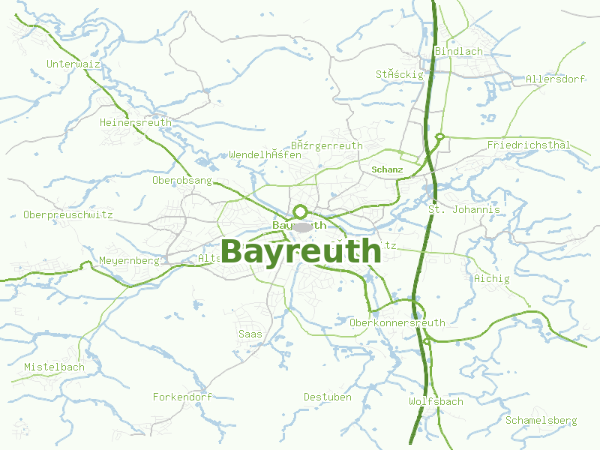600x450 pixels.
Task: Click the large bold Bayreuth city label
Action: (x=301, y=251)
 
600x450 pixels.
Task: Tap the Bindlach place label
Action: (x=458, y=51)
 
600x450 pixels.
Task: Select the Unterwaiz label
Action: (x=73, y=64)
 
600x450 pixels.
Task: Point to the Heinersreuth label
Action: (x=135, y=122)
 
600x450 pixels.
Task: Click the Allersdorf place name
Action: (x=555, y=79)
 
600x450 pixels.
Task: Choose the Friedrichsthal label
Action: (x=529, y=145)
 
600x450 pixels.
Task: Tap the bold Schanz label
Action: (x=387, y=169)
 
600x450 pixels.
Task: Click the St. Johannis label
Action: (x=464, y=209)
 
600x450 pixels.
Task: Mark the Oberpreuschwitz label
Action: (x=67, y=214)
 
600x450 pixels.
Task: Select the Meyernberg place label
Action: (x=129, y=261)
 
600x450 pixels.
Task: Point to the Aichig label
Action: (x=491, y=278)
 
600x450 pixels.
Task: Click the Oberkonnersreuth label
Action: (x=397, y=322)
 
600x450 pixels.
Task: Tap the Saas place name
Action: (x=250, y=333)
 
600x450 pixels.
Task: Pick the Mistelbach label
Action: (x=54, y=367)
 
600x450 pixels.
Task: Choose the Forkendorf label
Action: (x=182, y=396)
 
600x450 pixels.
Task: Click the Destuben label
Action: (x=327, y=397)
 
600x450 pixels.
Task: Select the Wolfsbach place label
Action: (x=436, y=401)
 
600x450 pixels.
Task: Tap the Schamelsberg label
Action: (x=541, y=420)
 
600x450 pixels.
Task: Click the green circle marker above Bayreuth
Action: (x=301, y=211)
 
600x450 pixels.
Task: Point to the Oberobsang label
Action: (x=181, y=181)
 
